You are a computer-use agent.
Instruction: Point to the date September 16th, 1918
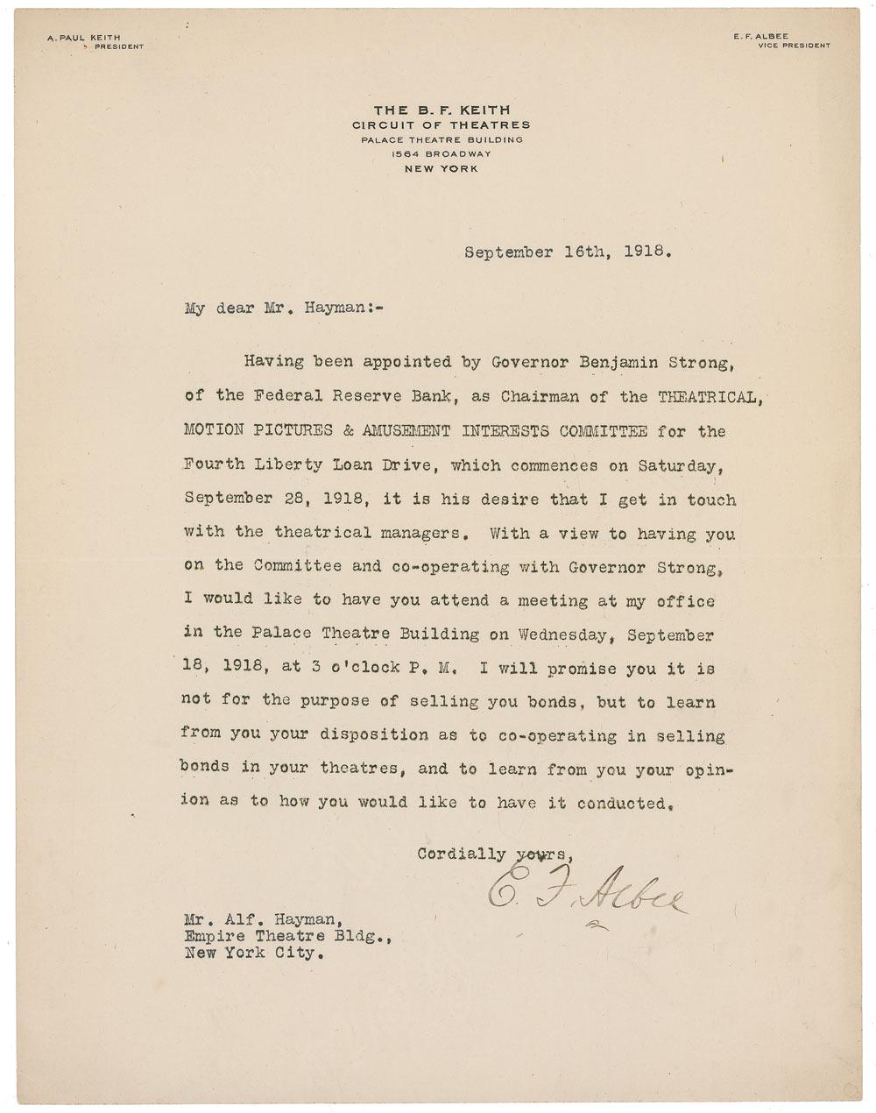coord(569,252)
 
